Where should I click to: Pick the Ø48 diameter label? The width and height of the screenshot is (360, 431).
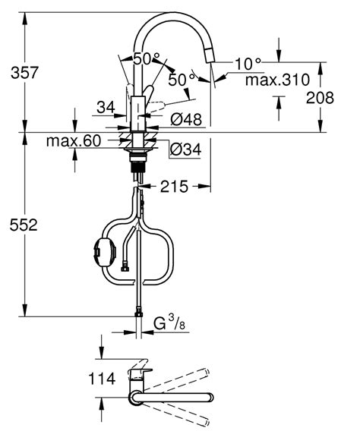click(x=185, y=118)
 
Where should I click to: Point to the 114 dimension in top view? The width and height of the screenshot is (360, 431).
click(x=100, y=377)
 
